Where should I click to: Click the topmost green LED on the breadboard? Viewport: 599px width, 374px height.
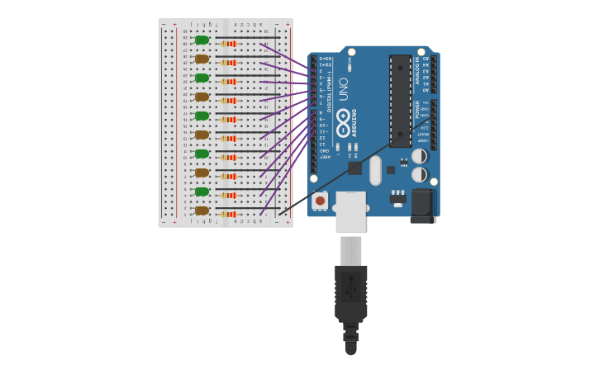tap(202, 40)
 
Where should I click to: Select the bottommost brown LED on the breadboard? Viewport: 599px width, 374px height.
tap(202, 211)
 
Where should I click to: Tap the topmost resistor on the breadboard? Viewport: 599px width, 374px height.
tap(229, 44)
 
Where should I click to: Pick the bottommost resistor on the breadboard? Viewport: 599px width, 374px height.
tap(229, 215)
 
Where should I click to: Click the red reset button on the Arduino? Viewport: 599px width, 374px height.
tap(320, 201)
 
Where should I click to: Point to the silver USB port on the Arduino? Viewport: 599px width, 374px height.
tap(350, 211)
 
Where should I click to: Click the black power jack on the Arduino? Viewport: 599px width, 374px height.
tap(423, 206)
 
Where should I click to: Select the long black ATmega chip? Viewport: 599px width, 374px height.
tap(401, 101)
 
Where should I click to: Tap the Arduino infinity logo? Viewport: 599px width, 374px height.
tap(343, 116)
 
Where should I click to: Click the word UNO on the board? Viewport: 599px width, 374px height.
tap(343, 88)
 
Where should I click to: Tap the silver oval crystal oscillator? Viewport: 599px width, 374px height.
tap(375, 170)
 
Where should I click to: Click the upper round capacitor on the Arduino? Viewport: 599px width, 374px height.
tap(420, 155)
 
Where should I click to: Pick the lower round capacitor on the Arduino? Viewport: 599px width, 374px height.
tap(420, 174)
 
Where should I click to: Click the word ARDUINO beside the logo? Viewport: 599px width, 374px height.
tap(354, 122)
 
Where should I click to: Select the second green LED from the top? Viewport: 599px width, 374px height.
tap(202, 78)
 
